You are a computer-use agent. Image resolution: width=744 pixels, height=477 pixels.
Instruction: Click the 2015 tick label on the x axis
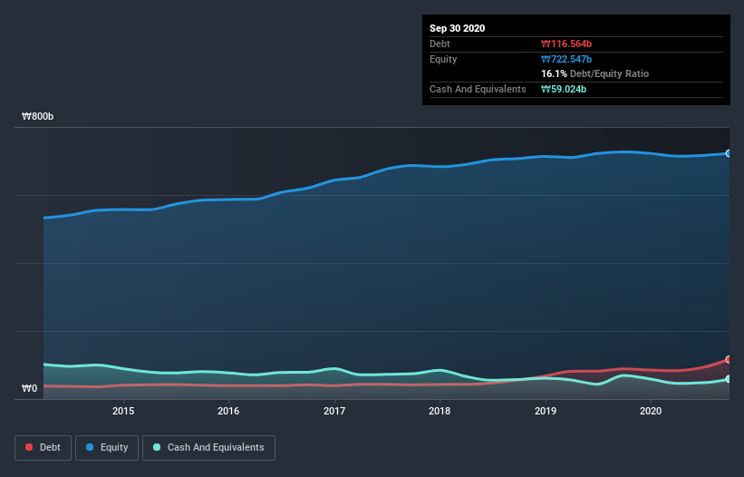(x=123, y=411)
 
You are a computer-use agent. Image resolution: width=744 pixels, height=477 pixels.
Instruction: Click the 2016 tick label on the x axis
(x=229, y=411)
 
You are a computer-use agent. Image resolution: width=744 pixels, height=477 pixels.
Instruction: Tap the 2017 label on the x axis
(x=334, y=411)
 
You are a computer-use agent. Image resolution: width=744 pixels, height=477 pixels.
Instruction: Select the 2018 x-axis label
(x=440, y=411)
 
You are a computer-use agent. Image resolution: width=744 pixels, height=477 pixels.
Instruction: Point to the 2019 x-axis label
(x=546, y=411)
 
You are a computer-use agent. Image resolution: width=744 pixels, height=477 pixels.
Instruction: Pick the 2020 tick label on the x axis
(x=651, y=411)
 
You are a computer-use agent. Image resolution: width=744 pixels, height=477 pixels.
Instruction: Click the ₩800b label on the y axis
(x=38, y=117)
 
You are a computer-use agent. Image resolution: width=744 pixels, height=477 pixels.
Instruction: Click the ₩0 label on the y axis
(x=30, y=389)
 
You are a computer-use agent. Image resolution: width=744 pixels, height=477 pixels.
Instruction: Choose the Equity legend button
(x=106, y=447)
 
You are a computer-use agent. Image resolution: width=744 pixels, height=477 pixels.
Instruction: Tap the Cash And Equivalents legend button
(x=208, y=447)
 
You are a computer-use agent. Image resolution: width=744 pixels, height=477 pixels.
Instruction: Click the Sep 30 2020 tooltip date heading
(x=458, y=28)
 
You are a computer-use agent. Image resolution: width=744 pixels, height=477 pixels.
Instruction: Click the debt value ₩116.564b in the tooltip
(x=568, y=44)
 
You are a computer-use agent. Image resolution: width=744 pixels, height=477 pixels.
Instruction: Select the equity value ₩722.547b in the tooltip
(x=568, y=59)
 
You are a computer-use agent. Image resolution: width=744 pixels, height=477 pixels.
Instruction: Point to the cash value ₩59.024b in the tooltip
(x=565, y=89)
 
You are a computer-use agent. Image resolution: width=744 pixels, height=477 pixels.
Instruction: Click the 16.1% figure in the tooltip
(x=554, y=73)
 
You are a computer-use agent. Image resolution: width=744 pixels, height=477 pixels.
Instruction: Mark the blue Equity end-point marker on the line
(x=728, y=153)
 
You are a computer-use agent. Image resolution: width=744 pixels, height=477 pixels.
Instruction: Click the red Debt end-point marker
(x=728, y=360)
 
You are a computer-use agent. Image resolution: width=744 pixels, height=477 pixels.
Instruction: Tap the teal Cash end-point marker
(x=728, y=379)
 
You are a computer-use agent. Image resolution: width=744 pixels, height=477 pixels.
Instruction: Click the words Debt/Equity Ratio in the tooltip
(x=609, y=73)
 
